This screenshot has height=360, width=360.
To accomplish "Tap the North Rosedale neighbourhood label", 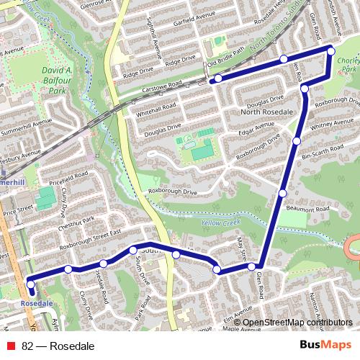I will (x=266, y=112).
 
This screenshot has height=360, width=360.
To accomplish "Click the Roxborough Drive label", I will (x=173, y=192).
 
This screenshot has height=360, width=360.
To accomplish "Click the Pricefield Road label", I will (x=68, y=179).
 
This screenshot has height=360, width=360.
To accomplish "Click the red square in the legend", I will (x=10, y=346).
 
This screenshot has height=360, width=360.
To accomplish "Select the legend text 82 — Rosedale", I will (x=58, y=346).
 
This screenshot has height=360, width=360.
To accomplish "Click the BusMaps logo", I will (x=325, y=346).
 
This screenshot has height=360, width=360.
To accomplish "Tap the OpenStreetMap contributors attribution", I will (x=297, y=322).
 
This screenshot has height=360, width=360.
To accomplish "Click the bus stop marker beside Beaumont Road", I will (x=283, y=193).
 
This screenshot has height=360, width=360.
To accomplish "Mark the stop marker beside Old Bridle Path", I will (x=218, y=78).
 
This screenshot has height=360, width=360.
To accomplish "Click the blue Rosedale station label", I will (x=37, y=303).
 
